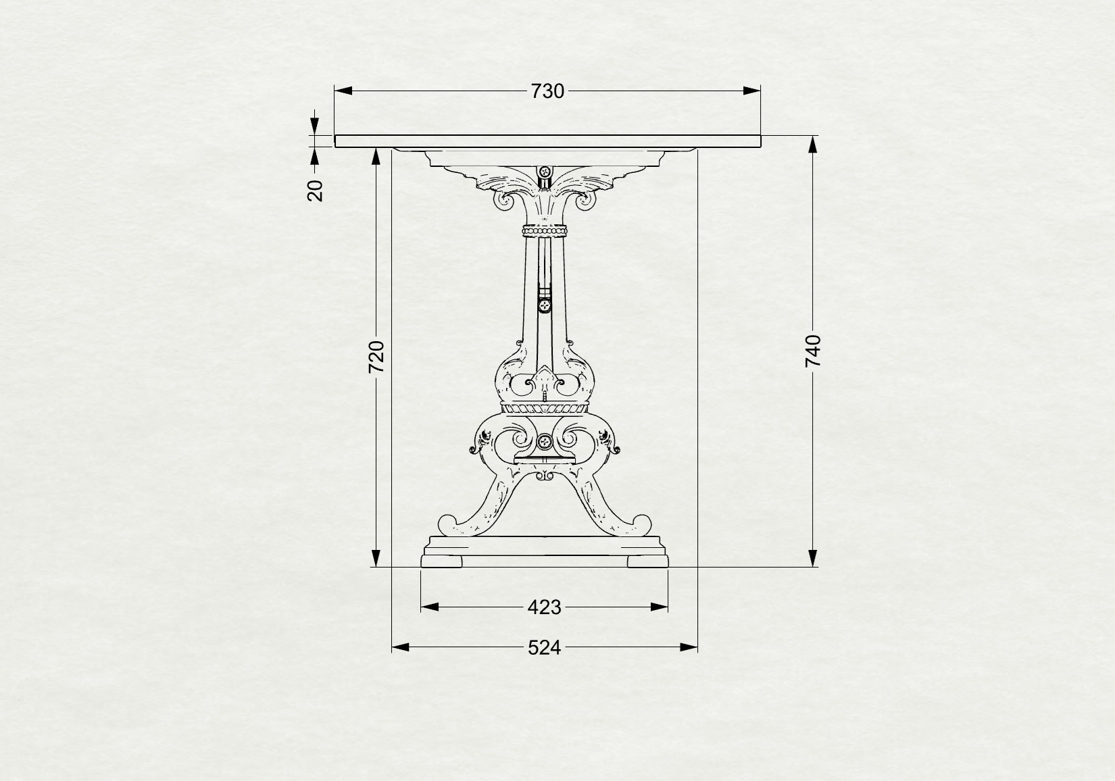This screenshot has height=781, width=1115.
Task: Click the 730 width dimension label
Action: point(547,91)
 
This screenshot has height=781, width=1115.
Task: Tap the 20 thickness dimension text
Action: point(316,190)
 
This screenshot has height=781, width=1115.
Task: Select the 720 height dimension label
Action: point(376,357)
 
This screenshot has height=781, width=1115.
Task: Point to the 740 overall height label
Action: point(813,351)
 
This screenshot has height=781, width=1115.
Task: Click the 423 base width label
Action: point(544,607)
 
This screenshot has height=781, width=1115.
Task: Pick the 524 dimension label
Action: point(544,648)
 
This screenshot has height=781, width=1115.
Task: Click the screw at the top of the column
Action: point(545,172)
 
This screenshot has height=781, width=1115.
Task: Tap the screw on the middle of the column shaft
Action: point(545,305)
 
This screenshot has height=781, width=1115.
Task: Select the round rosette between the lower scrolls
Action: point(545,440)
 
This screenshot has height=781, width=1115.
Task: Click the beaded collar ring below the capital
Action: point(545,231)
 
